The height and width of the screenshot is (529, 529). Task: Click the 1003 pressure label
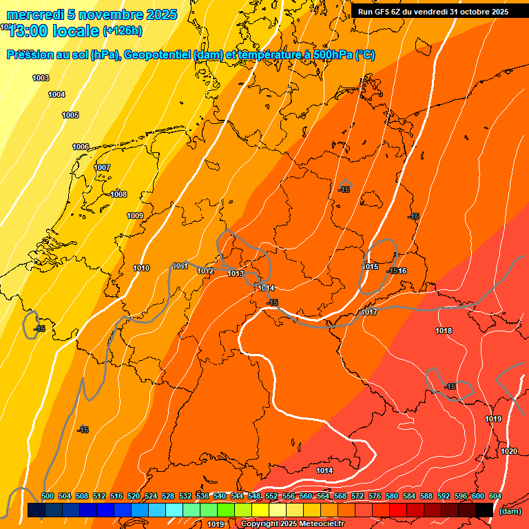point(41,78)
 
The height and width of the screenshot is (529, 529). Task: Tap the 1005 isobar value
point(70,115)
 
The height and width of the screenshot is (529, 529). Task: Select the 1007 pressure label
point(102,167)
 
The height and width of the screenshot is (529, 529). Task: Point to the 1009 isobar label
point(135,216)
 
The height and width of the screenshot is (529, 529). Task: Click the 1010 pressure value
point(141,268)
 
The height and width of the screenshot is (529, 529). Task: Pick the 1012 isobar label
point(205,271)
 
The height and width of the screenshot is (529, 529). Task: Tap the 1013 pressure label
point(236,273)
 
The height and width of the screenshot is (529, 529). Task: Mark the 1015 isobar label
point(371,267)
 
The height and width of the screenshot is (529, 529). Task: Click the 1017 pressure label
point(369,312)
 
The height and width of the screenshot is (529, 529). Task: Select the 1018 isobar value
point(444,331)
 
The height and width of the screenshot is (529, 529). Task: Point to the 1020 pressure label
point(509,451)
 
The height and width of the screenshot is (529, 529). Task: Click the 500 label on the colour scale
point(48,496)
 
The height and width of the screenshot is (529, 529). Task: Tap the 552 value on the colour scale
point(271,496)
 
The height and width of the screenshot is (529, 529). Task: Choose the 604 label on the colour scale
point(495,496)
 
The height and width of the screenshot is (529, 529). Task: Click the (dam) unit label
point(510,511)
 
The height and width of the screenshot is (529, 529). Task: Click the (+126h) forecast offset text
point(122,31)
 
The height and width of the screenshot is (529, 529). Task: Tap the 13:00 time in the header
point(30,31)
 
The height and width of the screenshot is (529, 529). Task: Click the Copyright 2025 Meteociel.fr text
point(292,524)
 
